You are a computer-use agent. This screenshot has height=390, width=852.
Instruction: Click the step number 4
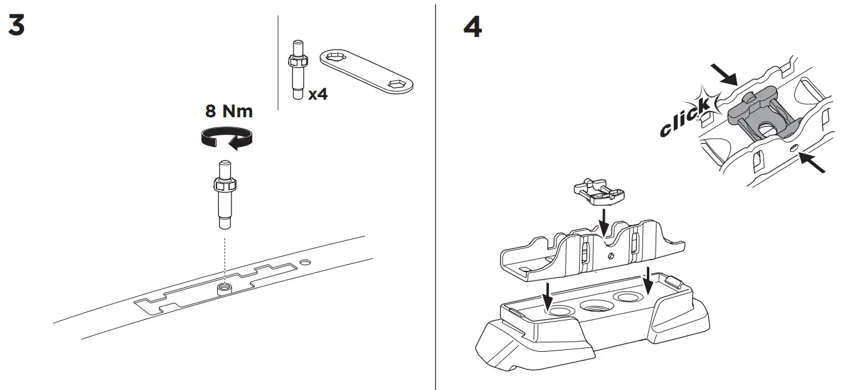point(472,27)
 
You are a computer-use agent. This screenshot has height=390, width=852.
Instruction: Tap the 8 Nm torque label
point(228,112)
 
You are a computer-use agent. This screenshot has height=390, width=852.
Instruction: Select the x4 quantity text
point(317,95)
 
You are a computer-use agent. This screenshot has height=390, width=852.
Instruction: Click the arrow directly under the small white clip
point(604,222)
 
